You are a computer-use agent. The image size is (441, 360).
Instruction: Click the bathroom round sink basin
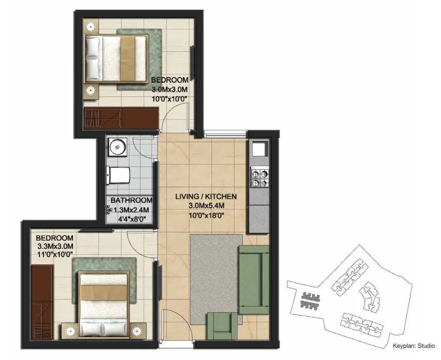pyautogui.click(x=117, y=146)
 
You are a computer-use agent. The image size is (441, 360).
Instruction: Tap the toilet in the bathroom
pyautogui.click(x=120, y=175)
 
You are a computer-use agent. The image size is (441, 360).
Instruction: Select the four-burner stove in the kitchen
pyautogui.click(x=259, y=178)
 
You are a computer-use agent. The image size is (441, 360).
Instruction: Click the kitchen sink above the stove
pyautogui.click(x=258, y=149)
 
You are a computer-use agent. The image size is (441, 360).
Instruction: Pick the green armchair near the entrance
pyautogui.click(x=224, y=326)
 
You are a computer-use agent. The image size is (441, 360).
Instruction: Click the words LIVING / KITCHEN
pyautogui.click(x=206, y=197)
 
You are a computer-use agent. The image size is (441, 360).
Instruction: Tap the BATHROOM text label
pyautogui.click(x=131, y=200)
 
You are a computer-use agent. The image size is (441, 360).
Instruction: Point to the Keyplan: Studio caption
pyautogui.click(x=413, y=346)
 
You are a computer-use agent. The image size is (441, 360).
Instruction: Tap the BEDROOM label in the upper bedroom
pyautogui.click(x=169, y=80)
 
